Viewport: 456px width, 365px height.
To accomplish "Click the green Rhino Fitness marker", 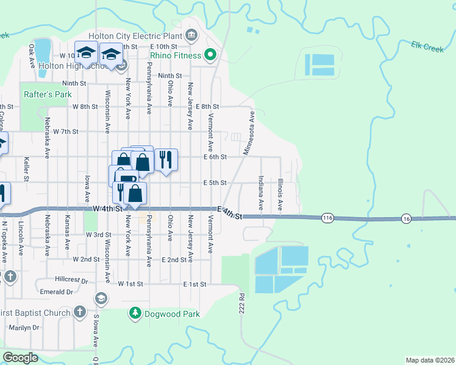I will point(210,55).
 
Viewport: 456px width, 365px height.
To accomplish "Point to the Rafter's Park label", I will point(48,94).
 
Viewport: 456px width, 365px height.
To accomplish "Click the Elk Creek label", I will point(427,47).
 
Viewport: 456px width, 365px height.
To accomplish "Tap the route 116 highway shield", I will point(328,218).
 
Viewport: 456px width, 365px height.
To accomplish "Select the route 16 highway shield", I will point(407,218).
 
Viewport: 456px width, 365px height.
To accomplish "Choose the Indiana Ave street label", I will point(261,193).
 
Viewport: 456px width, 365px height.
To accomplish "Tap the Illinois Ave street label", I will point(280,193).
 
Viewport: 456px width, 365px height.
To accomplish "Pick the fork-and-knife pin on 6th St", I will point(166,160).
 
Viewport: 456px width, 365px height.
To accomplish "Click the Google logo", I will point(20,358).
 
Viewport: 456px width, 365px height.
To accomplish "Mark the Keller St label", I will point(26,169).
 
